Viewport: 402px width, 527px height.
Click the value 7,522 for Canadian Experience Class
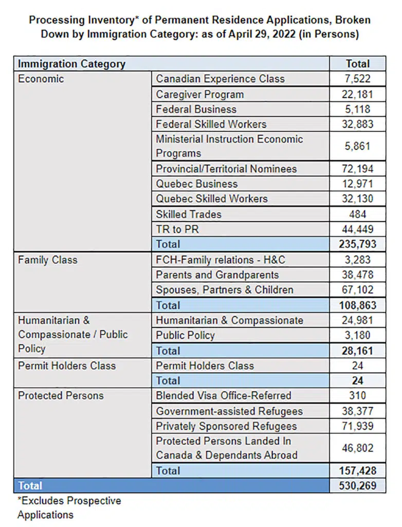pos(357,79)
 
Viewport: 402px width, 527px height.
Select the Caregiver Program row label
pos(200,94)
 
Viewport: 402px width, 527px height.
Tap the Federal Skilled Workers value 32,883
pos(357,124)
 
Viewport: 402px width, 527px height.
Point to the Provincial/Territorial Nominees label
pos(226,169)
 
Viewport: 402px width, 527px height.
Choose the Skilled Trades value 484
pos(357,214)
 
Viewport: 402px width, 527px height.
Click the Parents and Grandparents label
pos(217,275)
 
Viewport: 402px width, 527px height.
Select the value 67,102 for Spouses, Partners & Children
pos(357,290)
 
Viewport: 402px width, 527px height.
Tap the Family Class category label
pos(48,260)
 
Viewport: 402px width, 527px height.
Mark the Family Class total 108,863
pos(357,305)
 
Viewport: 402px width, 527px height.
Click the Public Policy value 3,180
pos(357,336)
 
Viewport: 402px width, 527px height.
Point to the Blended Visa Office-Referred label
pos(224,396)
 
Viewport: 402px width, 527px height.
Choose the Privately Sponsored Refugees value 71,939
pos(357,426)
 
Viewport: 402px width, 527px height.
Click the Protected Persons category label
pos(61,396)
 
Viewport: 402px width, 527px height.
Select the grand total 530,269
pos(357,486)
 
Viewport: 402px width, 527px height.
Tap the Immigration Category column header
pos(72,64)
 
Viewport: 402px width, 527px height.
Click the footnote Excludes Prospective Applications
pos(69,507)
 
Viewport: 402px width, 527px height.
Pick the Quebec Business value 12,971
pos(357,184)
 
